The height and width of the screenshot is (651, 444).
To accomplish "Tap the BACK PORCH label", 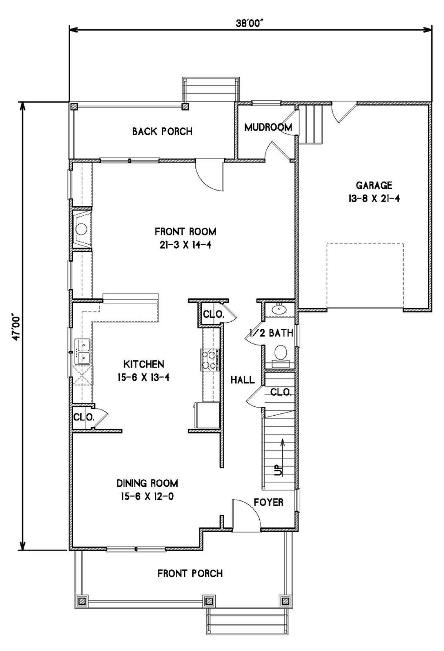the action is [x=162, y=131].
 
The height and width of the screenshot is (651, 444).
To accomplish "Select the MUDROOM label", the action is [x=268, y=127].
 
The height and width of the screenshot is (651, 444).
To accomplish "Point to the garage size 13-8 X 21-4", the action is [x=374, y=198].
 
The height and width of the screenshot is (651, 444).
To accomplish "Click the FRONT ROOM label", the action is [x=185, y=232].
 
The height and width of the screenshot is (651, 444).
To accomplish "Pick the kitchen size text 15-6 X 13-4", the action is [x=144, y=377].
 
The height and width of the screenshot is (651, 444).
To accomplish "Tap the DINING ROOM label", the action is [x=147, y=483].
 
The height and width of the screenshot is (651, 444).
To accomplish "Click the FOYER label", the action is [x=269, y=502].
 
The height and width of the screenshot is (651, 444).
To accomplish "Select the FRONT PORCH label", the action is [x=190, y=574].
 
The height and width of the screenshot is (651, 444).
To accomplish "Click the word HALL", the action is [x=242, y=380].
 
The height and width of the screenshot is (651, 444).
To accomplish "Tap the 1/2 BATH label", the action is [x=272, y=333].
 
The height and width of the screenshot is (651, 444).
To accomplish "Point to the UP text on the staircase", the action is [x=279, y=470].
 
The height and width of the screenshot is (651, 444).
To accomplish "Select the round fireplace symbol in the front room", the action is [x=81, y=229].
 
